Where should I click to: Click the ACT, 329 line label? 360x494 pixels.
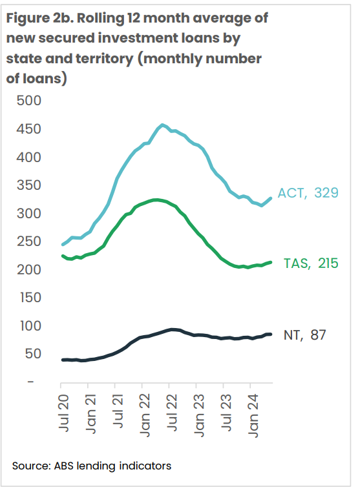pos(309,192)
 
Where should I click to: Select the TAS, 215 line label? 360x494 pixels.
pos(312,263)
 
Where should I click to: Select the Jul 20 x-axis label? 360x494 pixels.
pos(63,410)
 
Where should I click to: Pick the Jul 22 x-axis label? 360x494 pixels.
pos(171,410)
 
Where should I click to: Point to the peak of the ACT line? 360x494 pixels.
pos(162,125)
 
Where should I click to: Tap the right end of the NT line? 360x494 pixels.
pos(270,334)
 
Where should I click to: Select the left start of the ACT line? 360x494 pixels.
pos(63,245)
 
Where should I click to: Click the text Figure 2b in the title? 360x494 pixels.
pos(39,18)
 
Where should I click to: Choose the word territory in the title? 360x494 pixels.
pos(100,59)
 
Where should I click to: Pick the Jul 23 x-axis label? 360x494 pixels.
pos(224,410)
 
